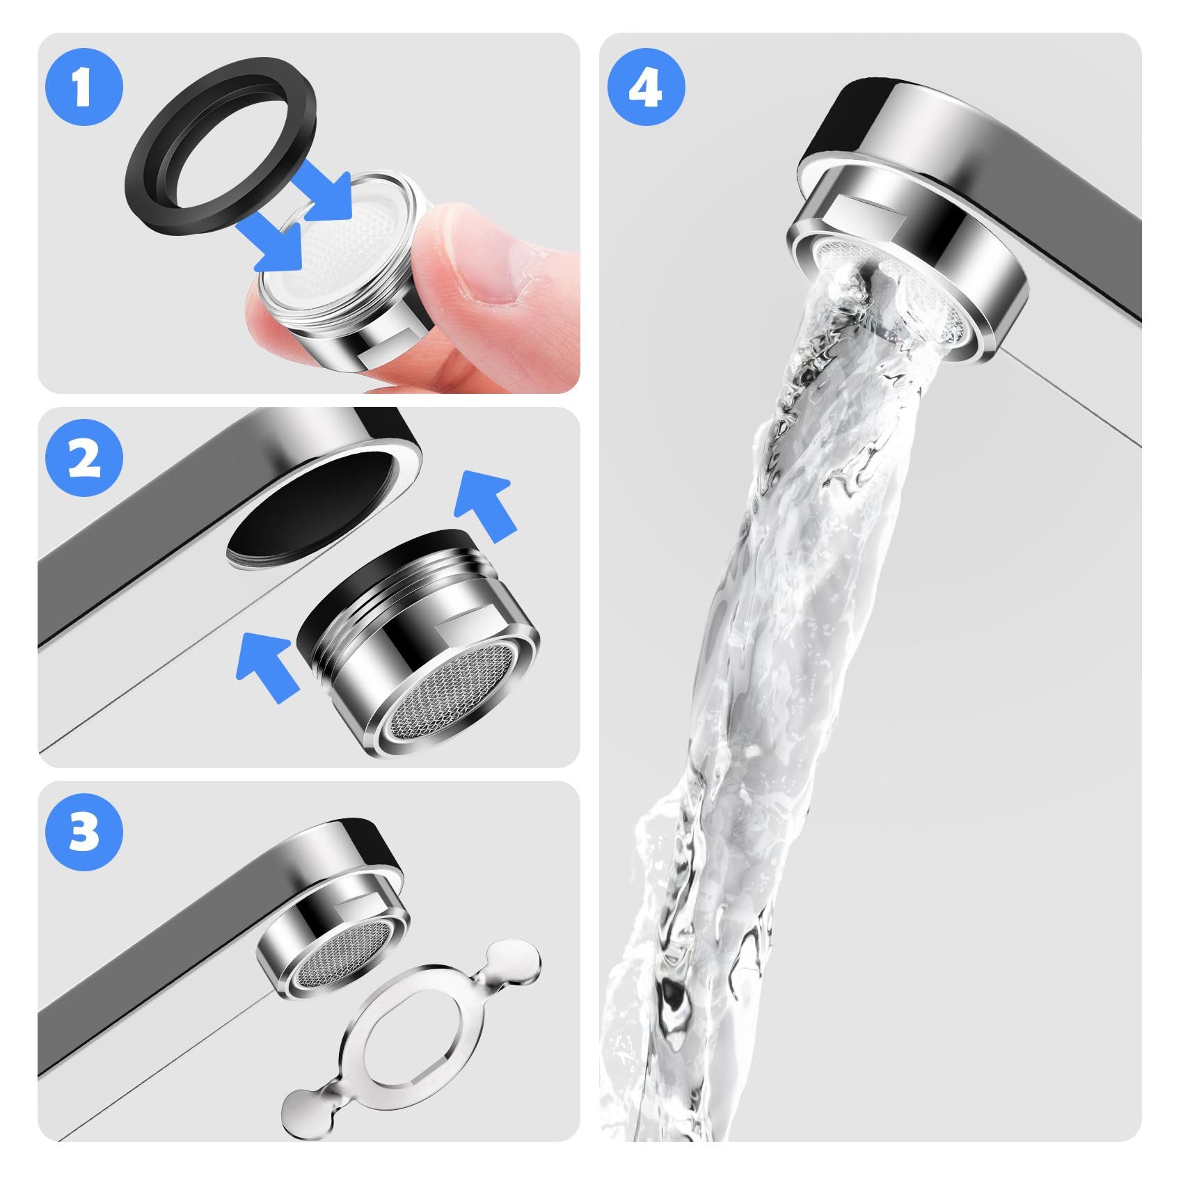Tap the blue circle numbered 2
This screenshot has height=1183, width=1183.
click(x=84, y=460)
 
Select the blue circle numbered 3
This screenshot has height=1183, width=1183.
click(x=84, y=833)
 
